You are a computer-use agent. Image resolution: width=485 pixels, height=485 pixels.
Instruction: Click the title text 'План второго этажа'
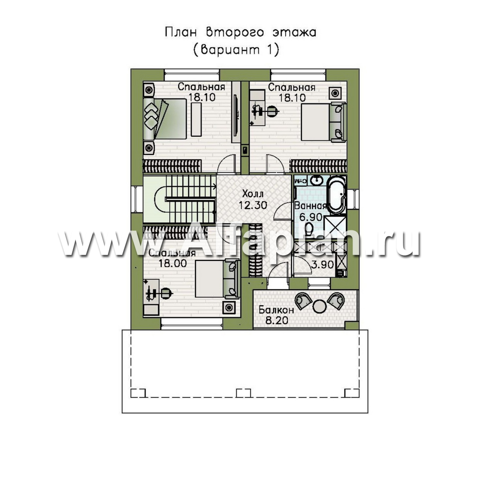[240, 32]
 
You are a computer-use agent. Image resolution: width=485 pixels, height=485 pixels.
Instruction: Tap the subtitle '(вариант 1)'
[236, 50]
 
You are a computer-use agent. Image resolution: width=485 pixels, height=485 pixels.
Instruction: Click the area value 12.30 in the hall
[253, 205]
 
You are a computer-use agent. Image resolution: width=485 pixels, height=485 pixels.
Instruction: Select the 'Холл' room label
[253, 194]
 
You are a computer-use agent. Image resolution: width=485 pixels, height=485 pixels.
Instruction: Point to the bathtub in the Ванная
[336, 195]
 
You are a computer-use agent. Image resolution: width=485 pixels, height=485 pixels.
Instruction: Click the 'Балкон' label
[277, 309]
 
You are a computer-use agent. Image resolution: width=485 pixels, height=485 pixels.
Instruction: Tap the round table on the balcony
[320, 306]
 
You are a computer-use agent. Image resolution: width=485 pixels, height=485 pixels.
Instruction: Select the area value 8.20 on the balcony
[277, 321]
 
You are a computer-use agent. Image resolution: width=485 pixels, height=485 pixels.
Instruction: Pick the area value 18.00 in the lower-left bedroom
[172, 263]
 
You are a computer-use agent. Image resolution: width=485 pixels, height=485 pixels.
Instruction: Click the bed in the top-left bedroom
[165, 119]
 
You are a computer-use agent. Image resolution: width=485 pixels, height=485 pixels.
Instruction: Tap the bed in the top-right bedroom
[323, 122]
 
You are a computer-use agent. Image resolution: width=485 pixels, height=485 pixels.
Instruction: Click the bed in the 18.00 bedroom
[217, 279]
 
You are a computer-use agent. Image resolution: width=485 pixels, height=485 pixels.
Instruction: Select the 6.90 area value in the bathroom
[311, 217]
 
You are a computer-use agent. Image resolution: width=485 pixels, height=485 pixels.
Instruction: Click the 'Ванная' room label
[310, 206]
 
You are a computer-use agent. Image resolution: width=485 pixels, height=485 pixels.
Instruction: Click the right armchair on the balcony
[336, 300]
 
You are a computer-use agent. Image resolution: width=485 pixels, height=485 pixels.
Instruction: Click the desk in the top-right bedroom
[257, 108]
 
